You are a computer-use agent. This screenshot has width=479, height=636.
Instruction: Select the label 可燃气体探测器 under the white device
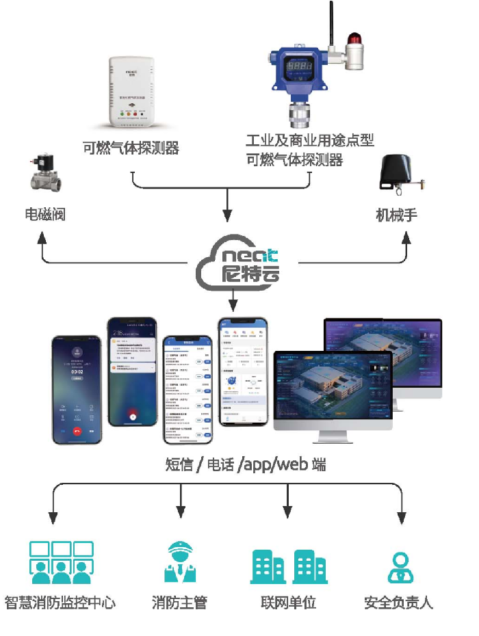click(x=131, y=148)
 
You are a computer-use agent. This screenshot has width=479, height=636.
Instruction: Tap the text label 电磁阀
click(x=45, y=215)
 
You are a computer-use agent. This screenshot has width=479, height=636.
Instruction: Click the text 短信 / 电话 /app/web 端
click(x=246, y=465)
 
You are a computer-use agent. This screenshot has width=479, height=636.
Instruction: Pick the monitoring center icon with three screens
click(x=61, y=561)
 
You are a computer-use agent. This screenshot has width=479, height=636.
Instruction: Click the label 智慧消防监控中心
click(x=61, y=602)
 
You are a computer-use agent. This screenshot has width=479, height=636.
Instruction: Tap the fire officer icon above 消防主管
click(x=180, y=561)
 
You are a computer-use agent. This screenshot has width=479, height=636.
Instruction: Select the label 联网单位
click(x=288, y=602)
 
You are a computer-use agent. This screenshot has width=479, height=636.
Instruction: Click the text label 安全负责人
click(x=399, y=602)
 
